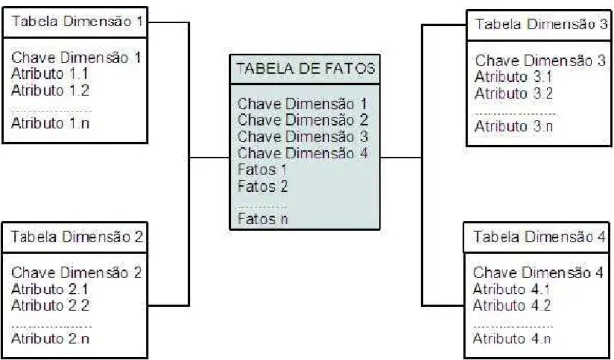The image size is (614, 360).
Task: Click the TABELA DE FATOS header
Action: tap(306, 68)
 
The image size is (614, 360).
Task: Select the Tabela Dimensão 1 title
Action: tap(76, 22)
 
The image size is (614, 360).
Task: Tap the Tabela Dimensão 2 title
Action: tap(76, 236)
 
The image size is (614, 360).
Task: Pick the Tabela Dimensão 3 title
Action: tap(542, 24)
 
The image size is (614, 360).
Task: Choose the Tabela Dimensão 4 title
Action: tap(540, 236)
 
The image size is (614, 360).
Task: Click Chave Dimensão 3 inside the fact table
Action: tap(302, 136)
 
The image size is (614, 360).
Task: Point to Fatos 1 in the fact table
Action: tap(262, 169)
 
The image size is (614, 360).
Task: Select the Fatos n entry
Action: tap(262, 218)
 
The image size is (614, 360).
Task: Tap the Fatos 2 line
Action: tap(262, 186)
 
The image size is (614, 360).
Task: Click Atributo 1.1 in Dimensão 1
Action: tap(50, 73)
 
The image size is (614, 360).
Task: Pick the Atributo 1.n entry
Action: tap(50, 123)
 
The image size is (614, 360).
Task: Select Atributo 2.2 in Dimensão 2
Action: tap(50, 305)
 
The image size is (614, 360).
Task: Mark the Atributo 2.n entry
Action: tap(50, 338)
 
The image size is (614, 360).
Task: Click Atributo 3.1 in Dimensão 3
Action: tap(513, 76)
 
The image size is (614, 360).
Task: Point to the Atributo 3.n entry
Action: tap(513, 126)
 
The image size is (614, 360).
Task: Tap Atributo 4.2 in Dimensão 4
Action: tap(511, 305)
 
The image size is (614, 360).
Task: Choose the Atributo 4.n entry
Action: tap(511, 338)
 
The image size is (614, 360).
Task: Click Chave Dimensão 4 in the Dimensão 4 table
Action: tap(538, 272)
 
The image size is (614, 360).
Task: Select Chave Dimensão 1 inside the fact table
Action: tap(302, 104)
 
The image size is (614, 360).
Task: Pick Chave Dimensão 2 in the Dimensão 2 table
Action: tap(76, 272)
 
